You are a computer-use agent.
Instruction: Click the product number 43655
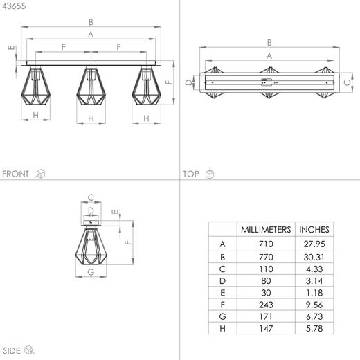[14, 6]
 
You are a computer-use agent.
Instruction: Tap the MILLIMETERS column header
[266, 230]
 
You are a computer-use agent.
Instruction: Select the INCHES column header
[314, 230]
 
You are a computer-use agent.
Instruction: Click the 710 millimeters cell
[266, 244]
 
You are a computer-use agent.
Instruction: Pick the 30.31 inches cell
[314, 257]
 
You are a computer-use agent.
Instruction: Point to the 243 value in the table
[266, 305]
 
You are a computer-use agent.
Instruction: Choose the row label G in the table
[222, 316]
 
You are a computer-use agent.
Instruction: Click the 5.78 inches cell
[314, 328]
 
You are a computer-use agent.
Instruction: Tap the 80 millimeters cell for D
[266, 281]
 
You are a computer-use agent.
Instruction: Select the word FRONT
[15, 174]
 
